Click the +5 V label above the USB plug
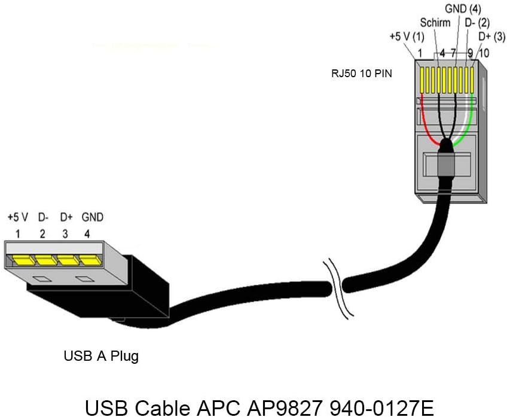tap(18, 217)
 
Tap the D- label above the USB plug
tap(42, 217)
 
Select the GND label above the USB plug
tap(92, 217)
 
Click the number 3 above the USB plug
tap(65, 233)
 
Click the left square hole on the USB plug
tap(41, 278)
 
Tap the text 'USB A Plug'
tap(101, 356)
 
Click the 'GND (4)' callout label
tap(464, 9)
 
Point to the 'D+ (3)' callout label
tap(491, 37)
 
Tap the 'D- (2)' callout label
tap(478, 23)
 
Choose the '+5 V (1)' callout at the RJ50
tap(407, 37)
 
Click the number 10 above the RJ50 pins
tap(484, 54)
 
